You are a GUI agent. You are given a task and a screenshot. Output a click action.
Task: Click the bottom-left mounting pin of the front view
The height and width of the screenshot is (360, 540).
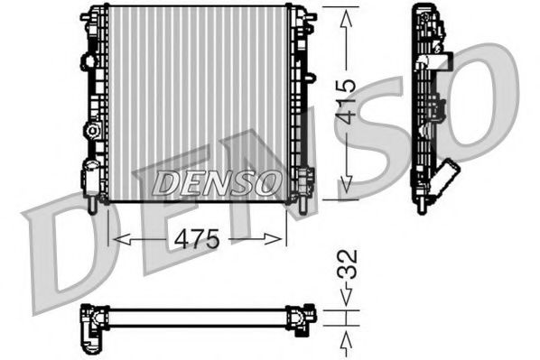coord(95,207)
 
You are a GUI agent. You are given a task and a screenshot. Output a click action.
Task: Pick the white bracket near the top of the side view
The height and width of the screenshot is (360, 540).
coord(440,61)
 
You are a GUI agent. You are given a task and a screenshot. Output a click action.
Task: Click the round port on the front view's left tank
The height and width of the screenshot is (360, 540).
coord(91,132)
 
